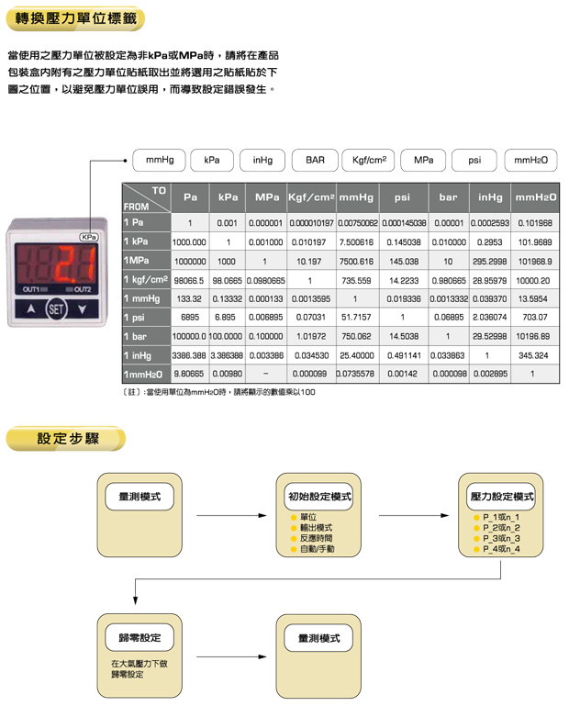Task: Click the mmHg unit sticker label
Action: coord(160,160)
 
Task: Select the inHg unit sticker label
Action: coord(262,160)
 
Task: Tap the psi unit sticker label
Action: coord(474,160)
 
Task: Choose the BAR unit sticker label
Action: coord(316,160)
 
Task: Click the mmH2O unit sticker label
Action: coord(530,160)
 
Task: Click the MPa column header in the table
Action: coord(267,197)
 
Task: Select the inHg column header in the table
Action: coord(490,197)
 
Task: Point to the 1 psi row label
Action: coord(146,317)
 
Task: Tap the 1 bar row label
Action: coord(146,336)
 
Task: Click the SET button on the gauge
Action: coord(57,309)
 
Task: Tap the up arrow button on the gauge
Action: coord(31,309)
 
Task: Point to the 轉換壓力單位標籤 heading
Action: coord(74,18)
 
